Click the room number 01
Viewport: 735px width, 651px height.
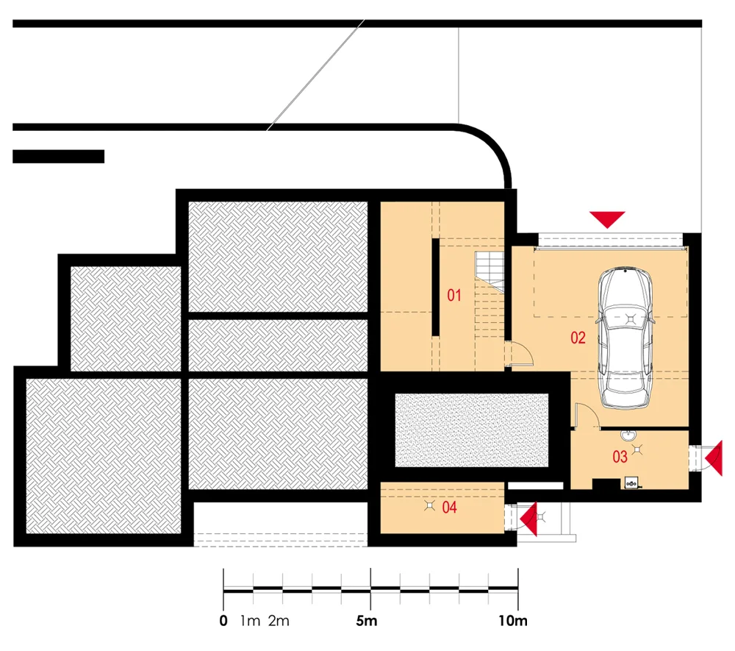click(453, 295)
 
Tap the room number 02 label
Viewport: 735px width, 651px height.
click(578, 338)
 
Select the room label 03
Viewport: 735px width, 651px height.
click(620, 456)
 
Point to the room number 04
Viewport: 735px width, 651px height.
click(449, 507)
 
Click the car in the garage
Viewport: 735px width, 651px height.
click(625, 338)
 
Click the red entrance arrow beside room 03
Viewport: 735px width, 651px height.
click(714, 458)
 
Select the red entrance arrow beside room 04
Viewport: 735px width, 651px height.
click(528, 519)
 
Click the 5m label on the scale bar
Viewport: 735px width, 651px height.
click(367, 621)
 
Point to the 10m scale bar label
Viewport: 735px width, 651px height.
click(513, 621)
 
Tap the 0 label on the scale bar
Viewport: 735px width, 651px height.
click(223, 621)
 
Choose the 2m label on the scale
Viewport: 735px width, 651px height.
click(279, 621)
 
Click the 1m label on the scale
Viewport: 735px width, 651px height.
click(250, 621)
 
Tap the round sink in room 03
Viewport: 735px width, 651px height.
click(627, 436)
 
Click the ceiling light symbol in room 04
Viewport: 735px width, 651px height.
click(429, 505)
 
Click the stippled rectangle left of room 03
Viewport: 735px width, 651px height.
click(472, 430)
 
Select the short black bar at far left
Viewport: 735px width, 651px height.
click(59, 157)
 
